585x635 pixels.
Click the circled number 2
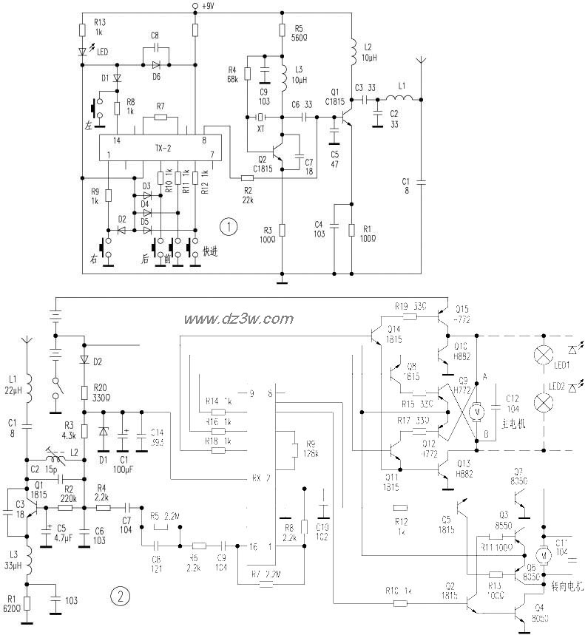click(116, 594)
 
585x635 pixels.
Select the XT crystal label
click(259, 129)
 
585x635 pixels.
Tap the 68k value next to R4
click(234, 78)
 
